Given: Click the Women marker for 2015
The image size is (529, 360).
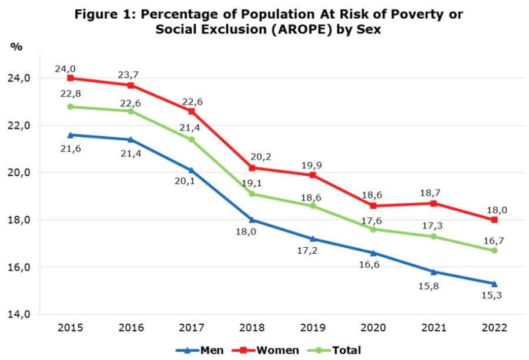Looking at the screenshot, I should click(x=71, y=78).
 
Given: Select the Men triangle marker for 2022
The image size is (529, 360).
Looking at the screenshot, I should click(x=494, y=284).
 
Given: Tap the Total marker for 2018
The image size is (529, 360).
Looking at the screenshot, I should click(x=252, y=194).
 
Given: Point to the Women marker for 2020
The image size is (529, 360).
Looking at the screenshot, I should click(x=373, y=206).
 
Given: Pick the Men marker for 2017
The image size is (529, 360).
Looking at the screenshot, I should click(x=192, y=170).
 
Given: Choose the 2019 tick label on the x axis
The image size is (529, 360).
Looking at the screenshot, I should click(x=313, y=327).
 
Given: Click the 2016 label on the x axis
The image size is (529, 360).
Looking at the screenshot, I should click(x=131, y=327).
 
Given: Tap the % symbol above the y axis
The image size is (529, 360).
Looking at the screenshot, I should click(x=16, y=47).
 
